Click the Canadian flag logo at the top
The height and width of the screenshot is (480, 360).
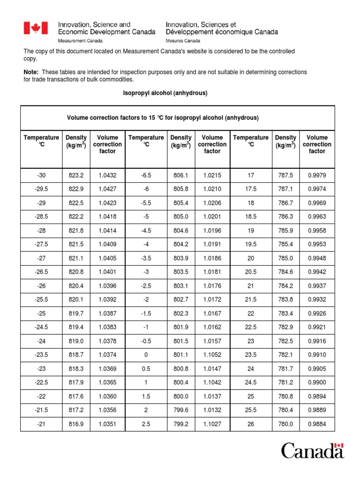[36, 28]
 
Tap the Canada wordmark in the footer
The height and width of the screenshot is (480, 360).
[313, 451]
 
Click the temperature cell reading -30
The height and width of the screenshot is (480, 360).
[41, 175]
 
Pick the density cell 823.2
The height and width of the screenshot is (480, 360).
[76, 175]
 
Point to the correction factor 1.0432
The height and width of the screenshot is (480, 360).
[107, 175]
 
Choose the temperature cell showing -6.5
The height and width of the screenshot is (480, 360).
[146, 175]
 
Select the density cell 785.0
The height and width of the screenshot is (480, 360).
[285, 258]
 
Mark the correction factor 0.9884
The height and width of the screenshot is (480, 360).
[317, 425]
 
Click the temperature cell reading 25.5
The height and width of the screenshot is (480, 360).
[251, 411]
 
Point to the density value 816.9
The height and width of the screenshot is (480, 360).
[76, 425]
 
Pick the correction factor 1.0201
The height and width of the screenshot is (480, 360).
[212, 217]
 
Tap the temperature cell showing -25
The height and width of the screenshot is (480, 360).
[41, 313]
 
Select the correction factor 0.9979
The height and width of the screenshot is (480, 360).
[317, 175]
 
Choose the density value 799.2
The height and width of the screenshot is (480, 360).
[181, 425]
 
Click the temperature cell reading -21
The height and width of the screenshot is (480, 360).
[41, 425]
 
